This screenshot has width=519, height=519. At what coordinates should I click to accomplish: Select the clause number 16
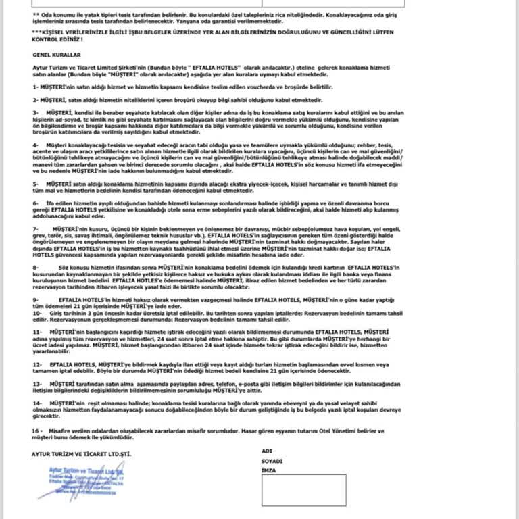point(36,430)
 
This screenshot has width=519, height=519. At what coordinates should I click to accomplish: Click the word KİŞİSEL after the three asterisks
point(55,32)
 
